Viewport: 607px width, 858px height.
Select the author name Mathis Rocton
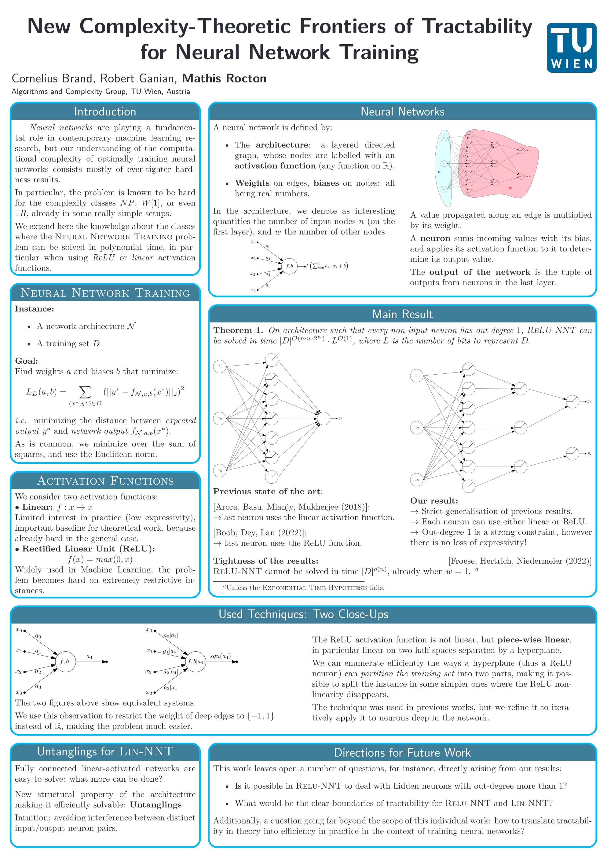pyautogui.click(x=224, y=78)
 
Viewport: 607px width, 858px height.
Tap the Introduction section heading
pyautogui.click(x=105, y=112)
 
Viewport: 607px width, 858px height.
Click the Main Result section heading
pyautogui.click(x=402, y=314)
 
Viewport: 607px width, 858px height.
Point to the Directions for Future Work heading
pyautogui.click(x=402, y=752)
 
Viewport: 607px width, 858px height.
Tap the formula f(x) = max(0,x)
pyautogui.click(x=100, y=559)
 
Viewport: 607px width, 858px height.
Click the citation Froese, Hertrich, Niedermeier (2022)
pyautogui.click(x=520, y=561)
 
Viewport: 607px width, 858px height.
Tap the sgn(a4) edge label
pyautogui.click(x=220, y=656)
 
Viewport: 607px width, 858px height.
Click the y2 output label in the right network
pyautogui.click(x=589, y=454)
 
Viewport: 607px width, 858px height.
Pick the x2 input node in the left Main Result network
pyautogui.click(x=220, y=419)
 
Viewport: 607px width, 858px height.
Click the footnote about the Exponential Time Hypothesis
pyautogui.click(x=304, y=587)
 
